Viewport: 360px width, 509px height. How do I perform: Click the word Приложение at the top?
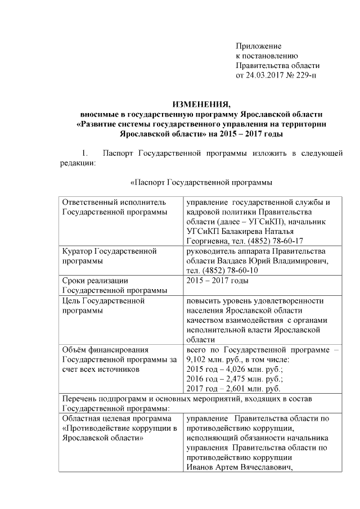point(258,46)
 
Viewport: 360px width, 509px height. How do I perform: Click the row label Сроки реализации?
point(95,280)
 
